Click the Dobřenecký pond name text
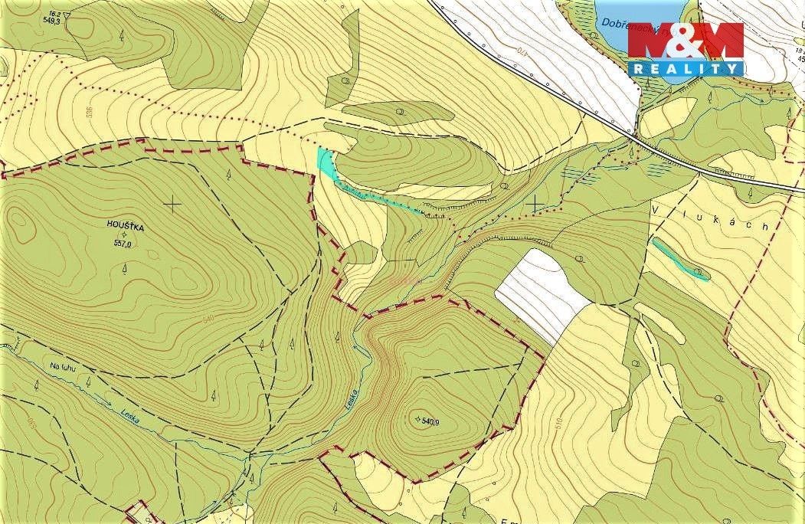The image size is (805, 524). coord(623,24)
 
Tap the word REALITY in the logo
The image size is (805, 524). coord(686,68)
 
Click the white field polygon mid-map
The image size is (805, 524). coord(543,293)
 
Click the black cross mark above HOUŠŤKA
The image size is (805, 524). coord(174,203)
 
